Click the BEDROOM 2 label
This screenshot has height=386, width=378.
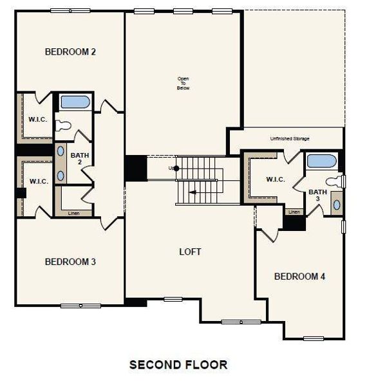[70, 51]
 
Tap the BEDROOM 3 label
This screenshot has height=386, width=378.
[70, 262]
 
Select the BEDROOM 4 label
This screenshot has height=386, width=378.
[299, 277]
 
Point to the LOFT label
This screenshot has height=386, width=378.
[190, 252]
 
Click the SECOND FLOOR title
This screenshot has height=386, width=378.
[178, 365]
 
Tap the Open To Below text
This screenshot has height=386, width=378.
[184, 83]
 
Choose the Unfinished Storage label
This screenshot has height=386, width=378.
[289, 139]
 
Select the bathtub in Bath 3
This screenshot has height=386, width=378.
[321, 161]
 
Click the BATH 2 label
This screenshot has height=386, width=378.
[80, 159]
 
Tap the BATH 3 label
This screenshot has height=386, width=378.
[317, 195]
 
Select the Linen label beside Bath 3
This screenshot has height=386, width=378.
[294, 212]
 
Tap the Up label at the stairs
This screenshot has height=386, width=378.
[171, 169]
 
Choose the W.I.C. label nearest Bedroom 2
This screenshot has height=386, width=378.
[37, 120]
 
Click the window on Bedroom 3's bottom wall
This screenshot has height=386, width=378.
[80, 305]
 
